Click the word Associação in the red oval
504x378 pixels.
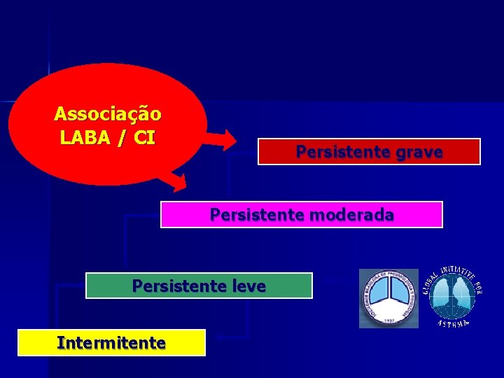(108, 113)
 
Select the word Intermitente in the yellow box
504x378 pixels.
(111, 343)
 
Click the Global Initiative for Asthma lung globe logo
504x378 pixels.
(452, 296)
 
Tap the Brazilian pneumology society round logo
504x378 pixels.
(388, 298)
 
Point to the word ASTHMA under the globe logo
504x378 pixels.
(453, 323)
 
